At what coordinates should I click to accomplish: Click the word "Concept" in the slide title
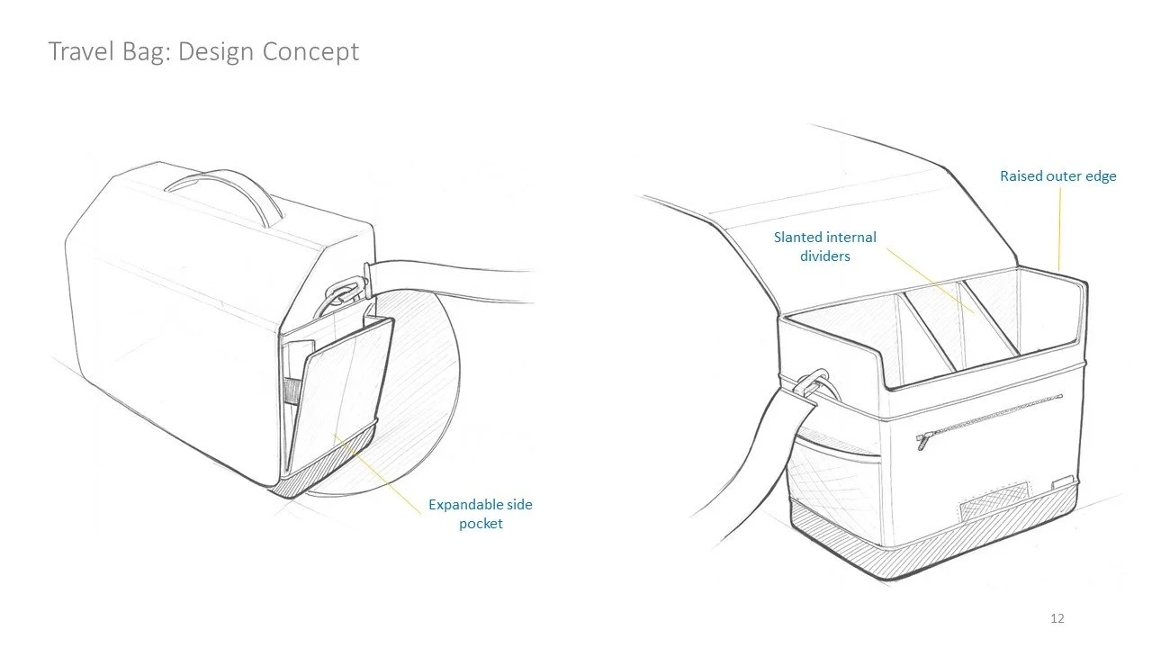(310, 51)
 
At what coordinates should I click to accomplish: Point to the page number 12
(1057, 618)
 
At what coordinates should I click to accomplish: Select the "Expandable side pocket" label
(480, 514)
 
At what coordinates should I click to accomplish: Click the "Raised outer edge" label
(1057, 176)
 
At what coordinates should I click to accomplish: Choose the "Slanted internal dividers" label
(825, 247)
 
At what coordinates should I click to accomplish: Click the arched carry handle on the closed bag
(217, 187)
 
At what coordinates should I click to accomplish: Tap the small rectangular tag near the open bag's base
(1063, 481)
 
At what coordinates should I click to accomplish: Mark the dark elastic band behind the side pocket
(290, 391)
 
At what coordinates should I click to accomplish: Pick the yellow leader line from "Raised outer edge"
(1059, 225)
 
